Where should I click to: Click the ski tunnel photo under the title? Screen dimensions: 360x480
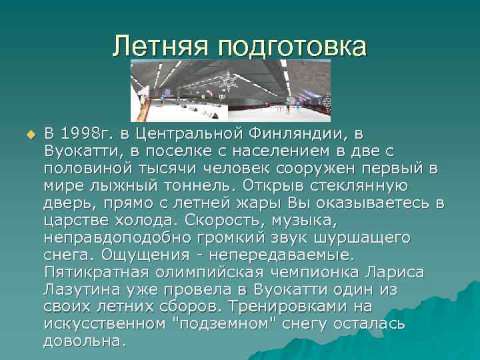[230, 90]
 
